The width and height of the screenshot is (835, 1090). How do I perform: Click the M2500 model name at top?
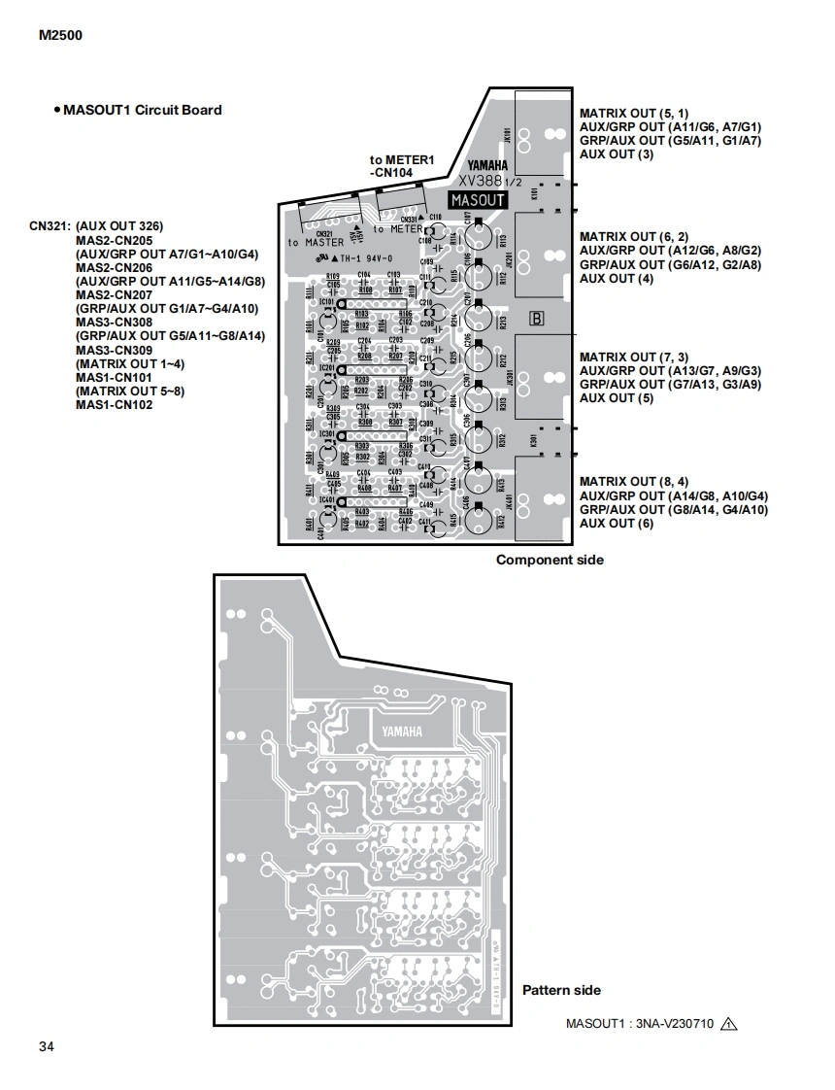tap(61, 36)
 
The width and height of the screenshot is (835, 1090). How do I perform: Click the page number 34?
tap(47, 1046)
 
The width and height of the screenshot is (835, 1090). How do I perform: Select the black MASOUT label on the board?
tap(478, 199)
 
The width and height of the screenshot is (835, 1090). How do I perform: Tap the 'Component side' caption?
tap(550, 560)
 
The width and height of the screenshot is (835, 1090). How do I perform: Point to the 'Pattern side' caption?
tap(561, 990)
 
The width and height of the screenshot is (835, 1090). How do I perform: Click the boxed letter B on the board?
tap(537, 318)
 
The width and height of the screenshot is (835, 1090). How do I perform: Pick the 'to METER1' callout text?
tap(401, 159)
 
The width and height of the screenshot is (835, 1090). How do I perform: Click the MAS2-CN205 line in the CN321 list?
tap(114, 240)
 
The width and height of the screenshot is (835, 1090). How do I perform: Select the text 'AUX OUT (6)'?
tap(617, 524)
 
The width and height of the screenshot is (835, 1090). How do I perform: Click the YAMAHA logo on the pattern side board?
tap(401, 732)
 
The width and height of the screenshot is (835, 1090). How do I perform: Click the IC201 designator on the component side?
tap(327, 368)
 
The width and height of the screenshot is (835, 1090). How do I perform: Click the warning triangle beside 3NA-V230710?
tap(730, 1022)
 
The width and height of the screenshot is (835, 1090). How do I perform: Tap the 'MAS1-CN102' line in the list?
tap(114, 405)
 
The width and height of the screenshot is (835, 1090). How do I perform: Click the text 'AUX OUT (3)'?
tap(617, 153)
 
